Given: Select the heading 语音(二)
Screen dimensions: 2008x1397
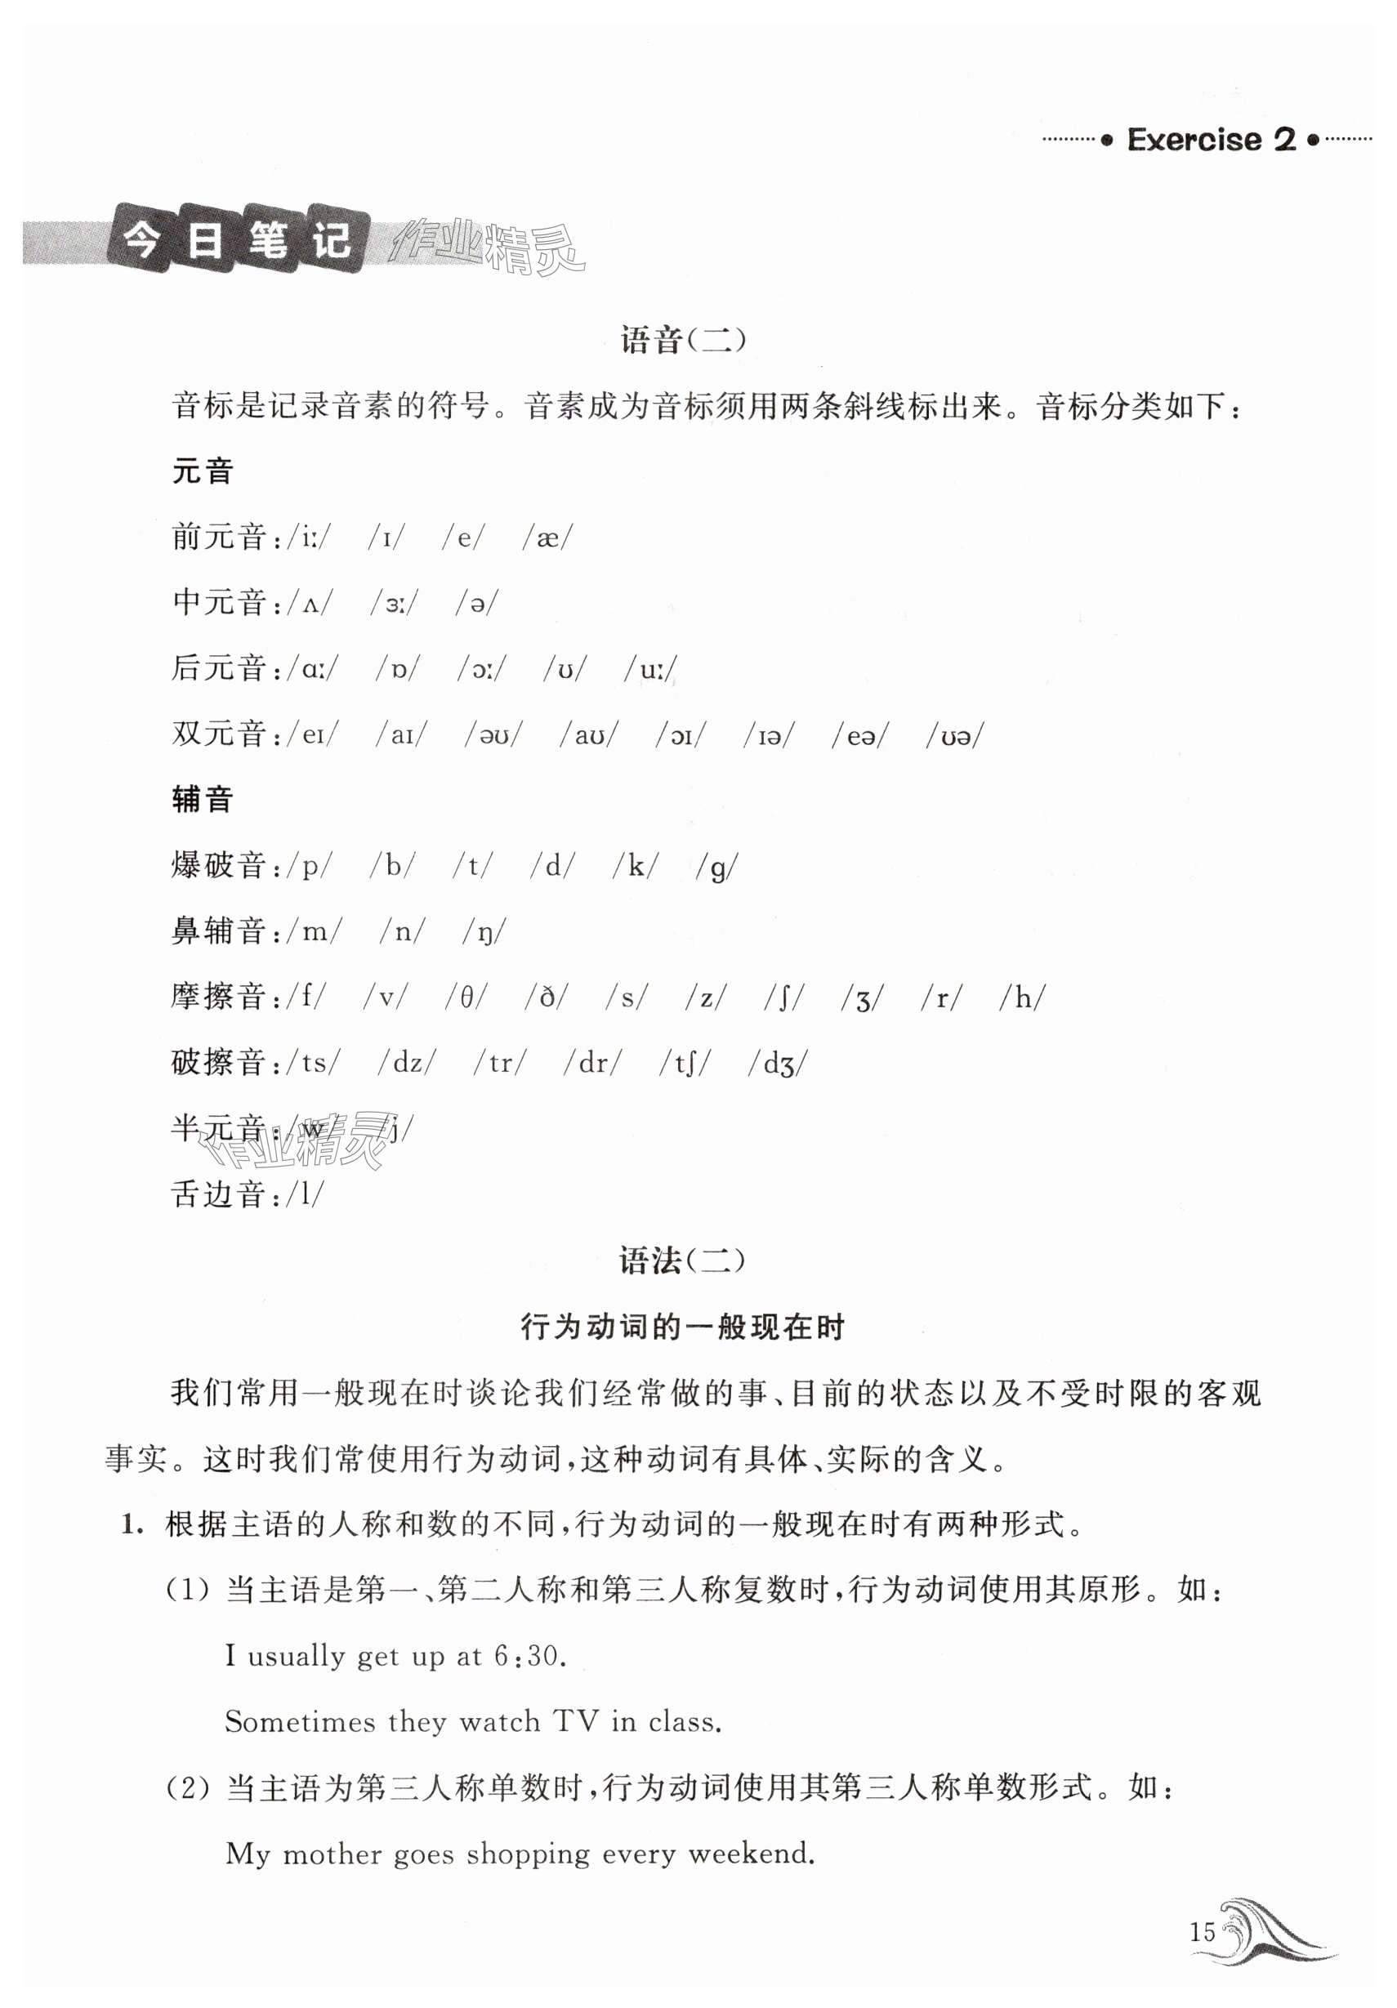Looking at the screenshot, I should tap(683, 339).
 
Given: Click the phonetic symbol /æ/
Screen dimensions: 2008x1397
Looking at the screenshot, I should tap(547, 537).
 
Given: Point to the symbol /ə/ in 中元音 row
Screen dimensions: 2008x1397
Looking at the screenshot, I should tap(478, 603).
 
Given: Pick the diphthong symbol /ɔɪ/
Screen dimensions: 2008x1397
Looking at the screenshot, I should tap(681, 735).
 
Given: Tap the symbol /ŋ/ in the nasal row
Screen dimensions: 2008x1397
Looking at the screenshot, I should tap(484, 931).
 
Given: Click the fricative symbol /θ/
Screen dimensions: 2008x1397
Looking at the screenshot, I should tap(466, 997).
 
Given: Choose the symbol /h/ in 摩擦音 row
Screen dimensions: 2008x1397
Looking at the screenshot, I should tap(1022, 997).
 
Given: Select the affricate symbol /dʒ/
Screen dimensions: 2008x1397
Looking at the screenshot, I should tap(778, 1064).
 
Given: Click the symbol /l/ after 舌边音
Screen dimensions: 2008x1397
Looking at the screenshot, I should tap(306, 1194).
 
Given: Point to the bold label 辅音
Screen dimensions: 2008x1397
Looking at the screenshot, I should tap(202, 798).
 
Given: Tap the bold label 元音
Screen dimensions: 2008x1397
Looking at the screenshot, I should tap(202, 471).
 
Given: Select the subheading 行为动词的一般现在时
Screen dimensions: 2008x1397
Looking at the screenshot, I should tap(682, 1327).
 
